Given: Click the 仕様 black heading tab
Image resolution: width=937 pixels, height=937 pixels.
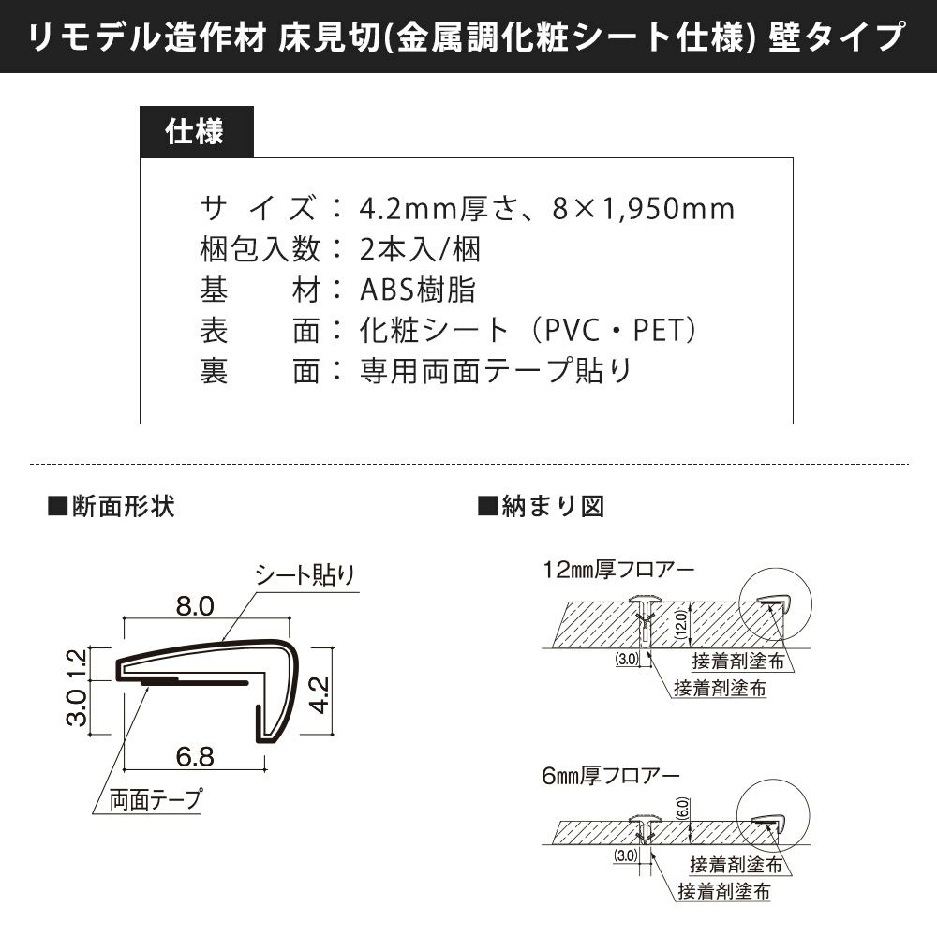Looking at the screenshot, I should (195, 132).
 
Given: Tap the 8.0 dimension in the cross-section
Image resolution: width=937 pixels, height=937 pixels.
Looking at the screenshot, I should (195, 607).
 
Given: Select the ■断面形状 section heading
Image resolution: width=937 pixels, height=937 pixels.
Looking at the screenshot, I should (111, 507).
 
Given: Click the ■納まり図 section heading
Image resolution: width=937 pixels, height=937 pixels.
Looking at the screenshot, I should (541, 507).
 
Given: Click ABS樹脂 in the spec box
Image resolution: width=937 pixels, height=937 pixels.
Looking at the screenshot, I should (418, 290).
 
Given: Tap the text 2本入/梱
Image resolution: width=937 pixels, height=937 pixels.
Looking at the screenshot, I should (420, 249).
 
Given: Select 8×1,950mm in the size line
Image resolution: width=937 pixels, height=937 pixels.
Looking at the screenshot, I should (644, 208).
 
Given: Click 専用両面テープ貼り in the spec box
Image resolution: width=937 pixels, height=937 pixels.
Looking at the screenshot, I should (496, 371).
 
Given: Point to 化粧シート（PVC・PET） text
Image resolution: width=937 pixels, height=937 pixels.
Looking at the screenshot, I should (529, 331).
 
